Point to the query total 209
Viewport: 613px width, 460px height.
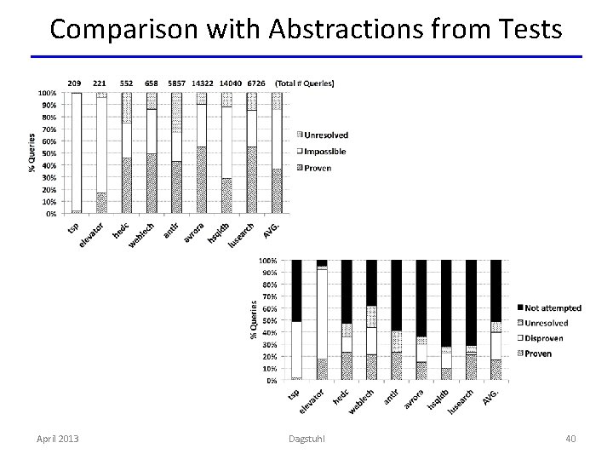[76, 83]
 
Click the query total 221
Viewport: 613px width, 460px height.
[100, 83]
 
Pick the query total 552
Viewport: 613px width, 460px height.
[126, 83]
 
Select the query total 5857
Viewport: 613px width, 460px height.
[176, 83]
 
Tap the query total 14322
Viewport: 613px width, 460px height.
[202, 83]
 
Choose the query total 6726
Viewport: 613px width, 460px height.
[254, 83]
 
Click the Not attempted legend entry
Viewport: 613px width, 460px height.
[553, 308]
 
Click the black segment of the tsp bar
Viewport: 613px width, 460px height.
[296, 290]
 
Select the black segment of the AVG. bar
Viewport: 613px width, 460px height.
[496, 290]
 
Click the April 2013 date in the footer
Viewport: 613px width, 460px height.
[58, 438]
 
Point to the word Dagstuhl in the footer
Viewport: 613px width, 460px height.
[306, 438]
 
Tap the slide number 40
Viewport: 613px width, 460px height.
[570, 438]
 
